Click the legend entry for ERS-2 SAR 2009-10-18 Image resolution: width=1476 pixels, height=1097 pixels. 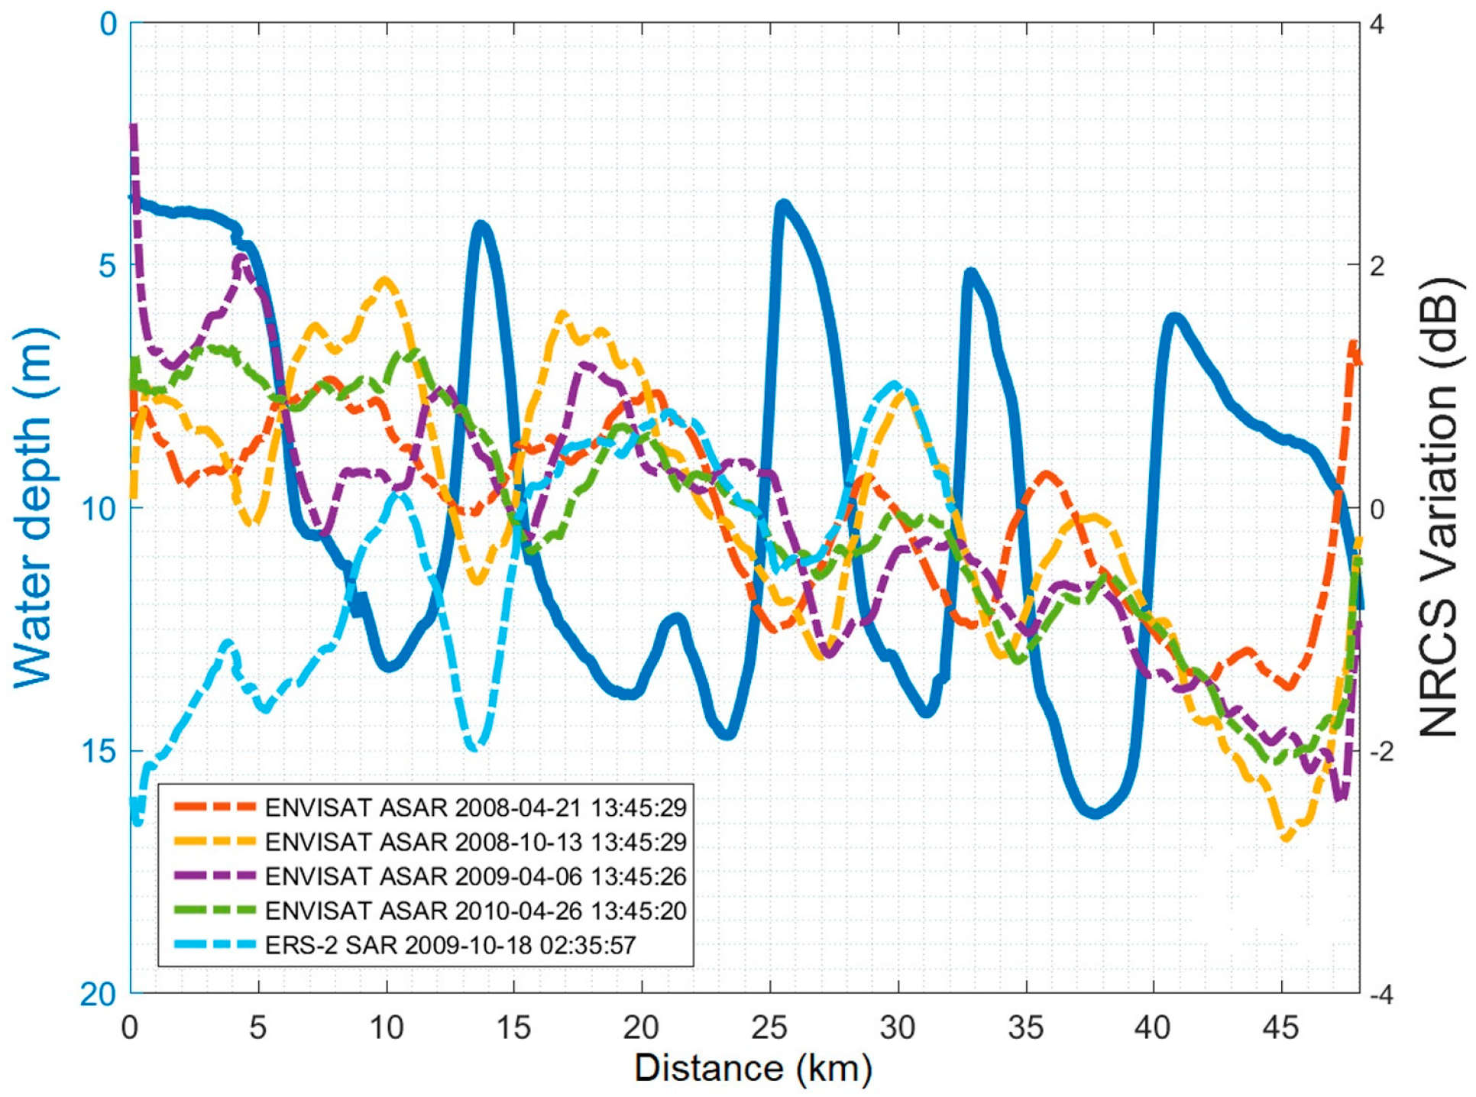click(450, 946)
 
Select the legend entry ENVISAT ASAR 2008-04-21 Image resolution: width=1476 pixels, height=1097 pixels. click(475, 807)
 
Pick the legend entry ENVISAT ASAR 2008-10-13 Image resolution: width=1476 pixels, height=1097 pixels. click(475, 842)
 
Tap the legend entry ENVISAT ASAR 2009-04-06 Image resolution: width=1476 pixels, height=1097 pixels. click(475, 876)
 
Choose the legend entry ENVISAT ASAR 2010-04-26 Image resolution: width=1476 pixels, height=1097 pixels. click(475, 911)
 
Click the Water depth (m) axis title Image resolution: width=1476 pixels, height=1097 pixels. click(34, 508)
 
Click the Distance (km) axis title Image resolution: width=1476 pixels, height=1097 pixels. click(753, 1068)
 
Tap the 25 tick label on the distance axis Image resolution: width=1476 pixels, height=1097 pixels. click(769, 1028)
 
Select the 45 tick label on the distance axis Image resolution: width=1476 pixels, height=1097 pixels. click(1281, 1028)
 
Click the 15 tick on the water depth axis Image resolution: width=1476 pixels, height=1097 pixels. click(98, 752)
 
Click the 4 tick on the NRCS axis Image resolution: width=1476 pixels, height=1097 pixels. click(1377, 24)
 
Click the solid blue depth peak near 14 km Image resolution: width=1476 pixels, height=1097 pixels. click(481, 225)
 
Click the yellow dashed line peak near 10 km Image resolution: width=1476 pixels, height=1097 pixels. click(385, 280)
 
